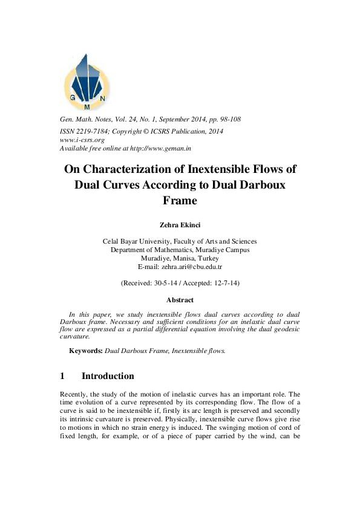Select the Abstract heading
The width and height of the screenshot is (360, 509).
point(180,300)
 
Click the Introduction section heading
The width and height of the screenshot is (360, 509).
point(108,376)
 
